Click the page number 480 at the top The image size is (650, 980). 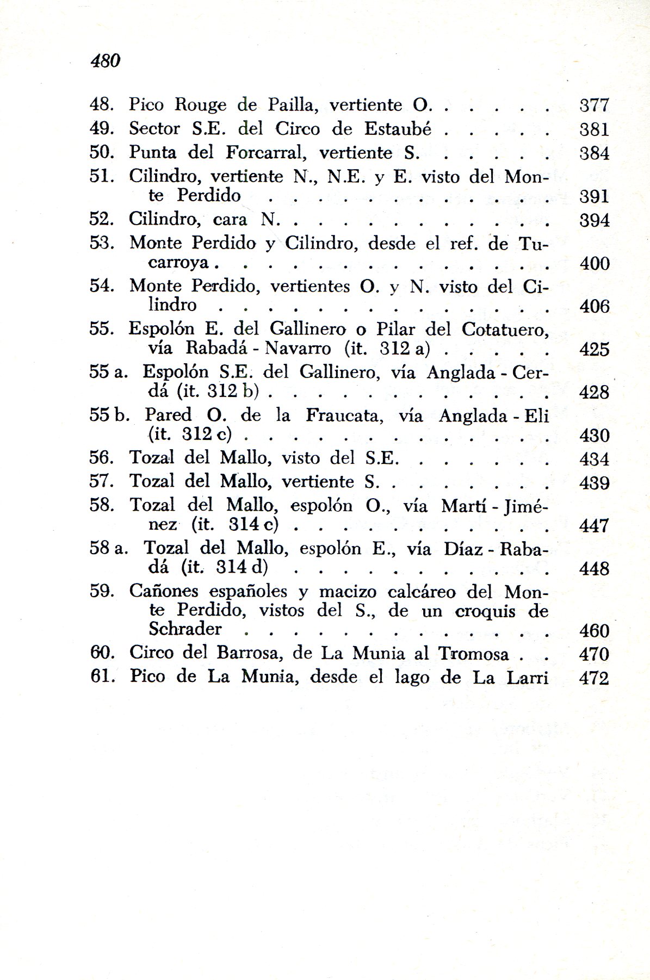tap(106, 60)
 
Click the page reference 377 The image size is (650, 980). tap(594, 105)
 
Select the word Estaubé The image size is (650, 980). tap(398, 129)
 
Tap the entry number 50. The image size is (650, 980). tap(101, 152)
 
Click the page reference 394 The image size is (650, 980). tap(594, 220)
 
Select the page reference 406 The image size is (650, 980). tap(594, 307)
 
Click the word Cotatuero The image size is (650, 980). tap(505, 330)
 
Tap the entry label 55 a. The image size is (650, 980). tap(108, 372)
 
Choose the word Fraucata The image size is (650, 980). tap(345, 416)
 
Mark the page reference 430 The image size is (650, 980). tap(594, 436)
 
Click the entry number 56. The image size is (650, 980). tap(101, 458)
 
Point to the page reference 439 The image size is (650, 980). tap(594, 483)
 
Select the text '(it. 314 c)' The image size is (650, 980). tap(234, 525)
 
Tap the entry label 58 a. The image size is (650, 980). tap(108, 548)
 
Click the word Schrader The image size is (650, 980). tap(185, 629)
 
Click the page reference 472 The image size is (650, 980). tap(594, 678)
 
